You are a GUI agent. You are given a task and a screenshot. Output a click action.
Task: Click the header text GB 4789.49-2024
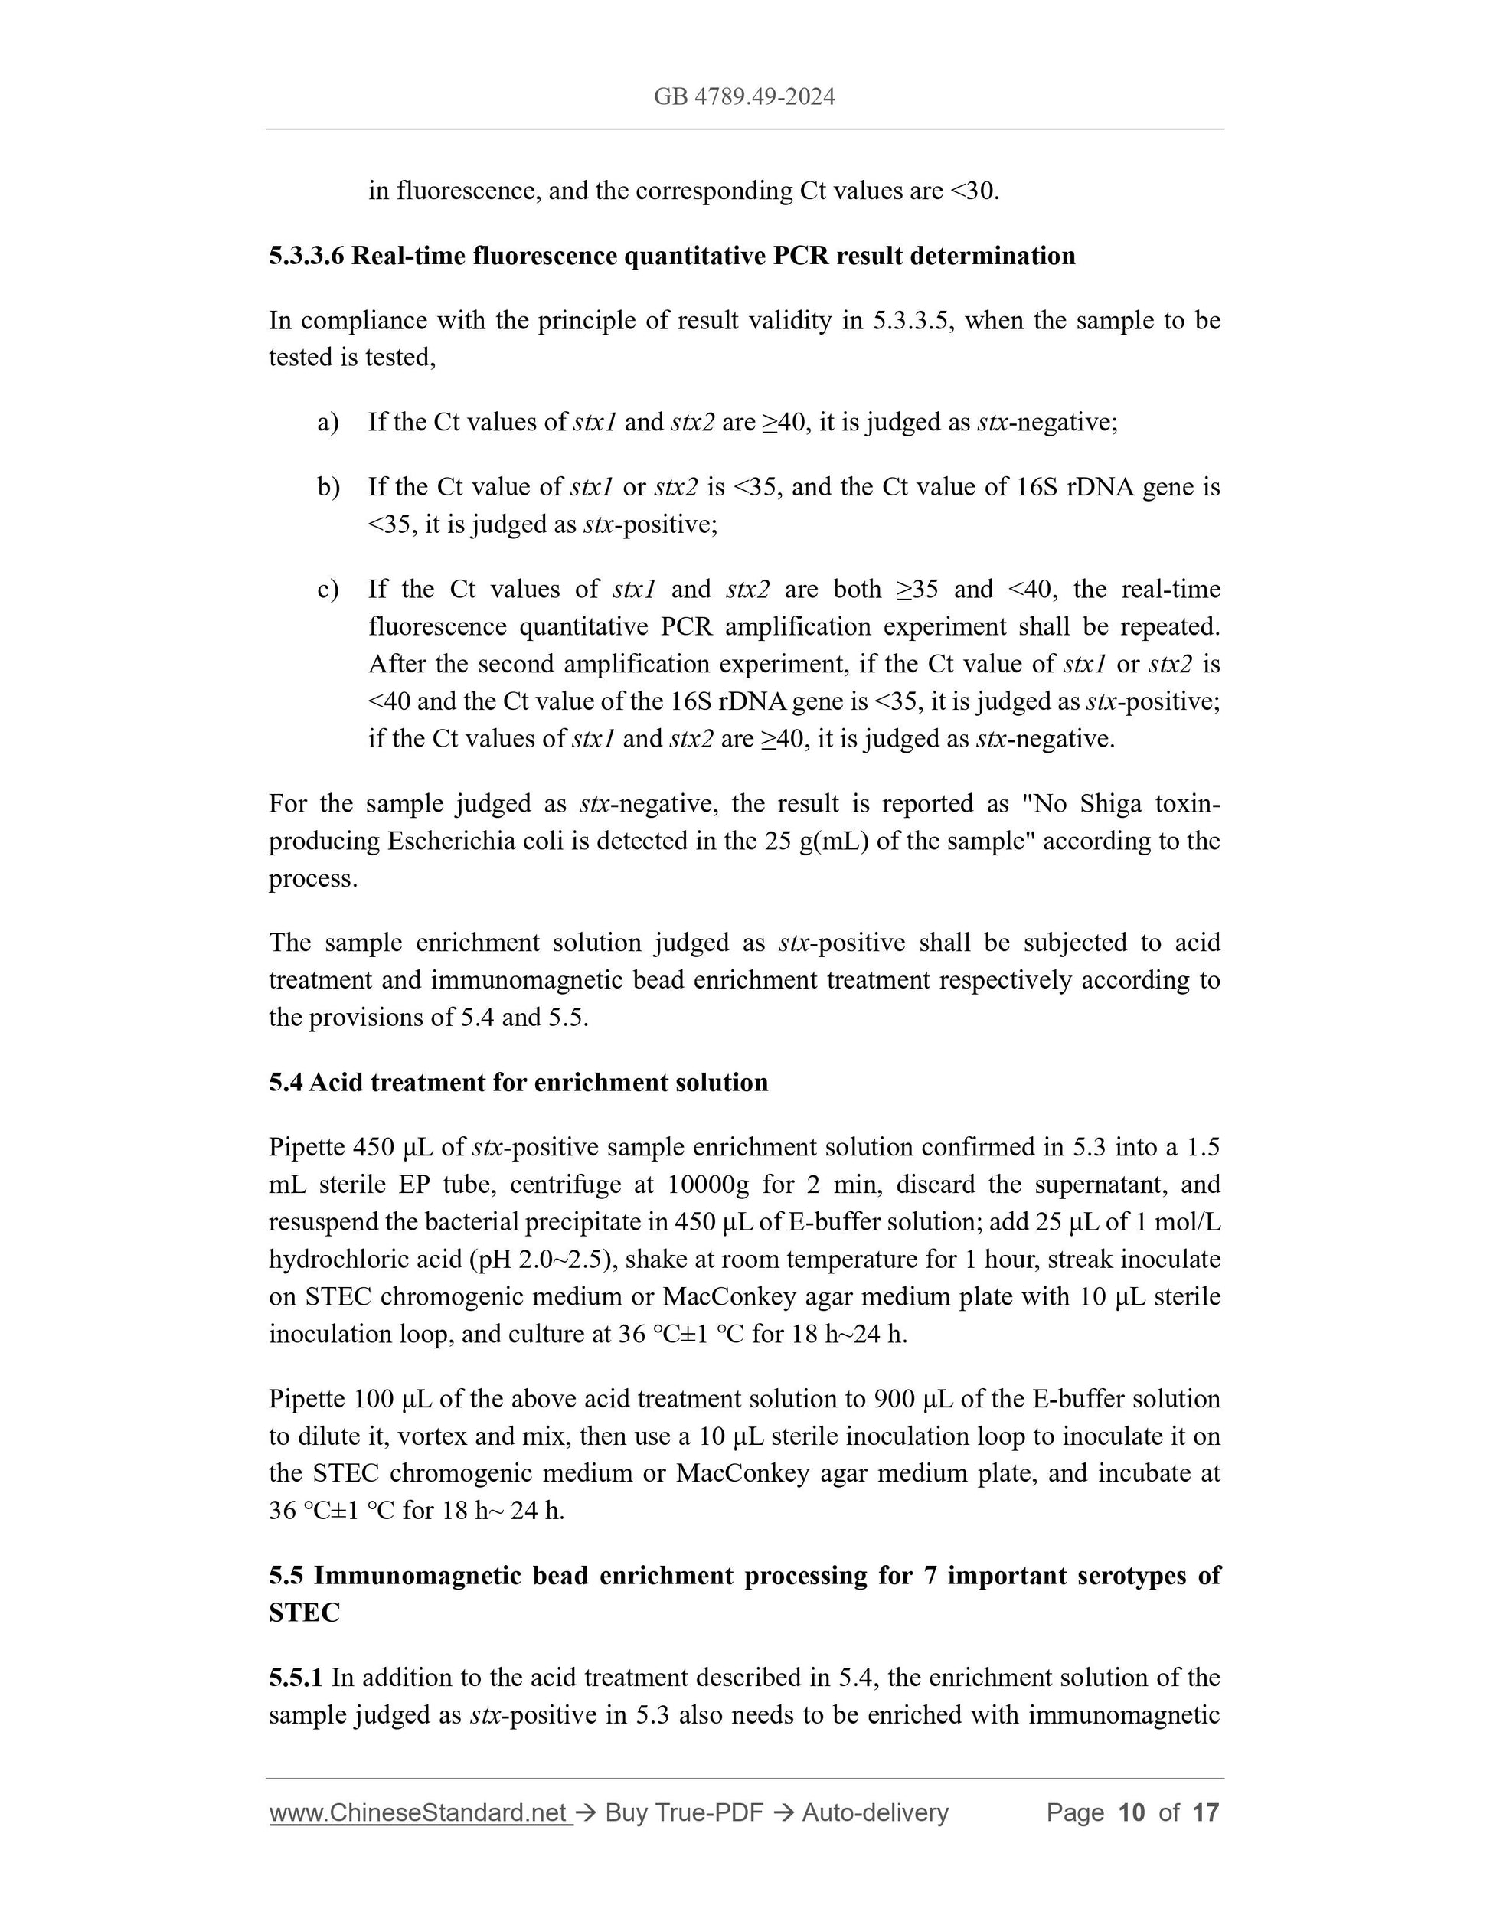pos(744,96)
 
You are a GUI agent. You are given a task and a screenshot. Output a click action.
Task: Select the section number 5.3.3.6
pos(306,256)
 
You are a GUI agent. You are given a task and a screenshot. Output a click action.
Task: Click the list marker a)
pos(328,422)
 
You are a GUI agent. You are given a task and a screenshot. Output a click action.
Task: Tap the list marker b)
pos(328,486)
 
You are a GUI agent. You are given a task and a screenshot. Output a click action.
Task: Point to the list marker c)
pos(328,589)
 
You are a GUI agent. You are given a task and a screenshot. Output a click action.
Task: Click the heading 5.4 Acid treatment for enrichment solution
pos(518,1082)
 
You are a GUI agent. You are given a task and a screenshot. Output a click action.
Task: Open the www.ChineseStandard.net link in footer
pos(417,1813)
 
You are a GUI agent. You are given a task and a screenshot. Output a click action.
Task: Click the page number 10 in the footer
pos(1131,1813)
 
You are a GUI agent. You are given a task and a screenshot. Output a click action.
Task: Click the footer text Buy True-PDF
pos(684,1813)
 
